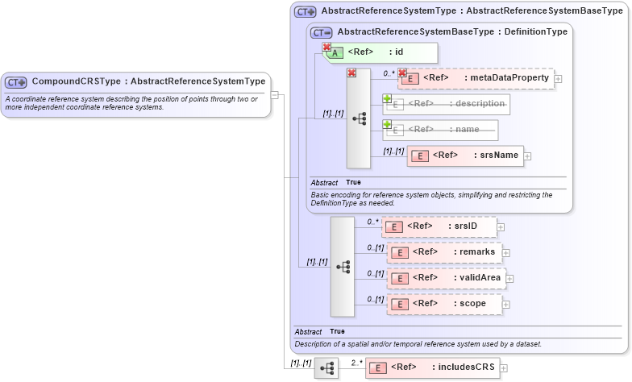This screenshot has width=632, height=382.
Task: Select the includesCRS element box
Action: click(x=432, y=367)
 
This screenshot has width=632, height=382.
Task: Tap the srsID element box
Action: click(x=439, y=226)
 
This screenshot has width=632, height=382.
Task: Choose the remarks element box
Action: click(x=443, y=252)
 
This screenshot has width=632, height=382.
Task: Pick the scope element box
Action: click(x=443, y=304)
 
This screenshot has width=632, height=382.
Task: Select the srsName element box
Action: click(x=465, y=156)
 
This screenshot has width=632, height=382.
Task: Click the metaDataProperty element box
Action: click(x=476, y=78)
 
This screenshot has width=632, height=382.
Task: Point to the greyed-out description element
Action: click(x=446, y=104)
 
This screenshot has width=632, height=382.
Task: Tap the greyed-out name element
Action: click(x=440, y=130)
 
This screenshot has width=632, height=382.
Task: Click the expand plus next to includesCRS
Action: click(x=504, y=368)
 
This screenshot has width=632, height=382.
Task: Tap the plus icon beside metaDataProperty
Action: click(x=558, y=79)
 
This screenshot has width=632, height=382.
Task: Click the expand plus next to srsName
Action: click(x=528, y=156)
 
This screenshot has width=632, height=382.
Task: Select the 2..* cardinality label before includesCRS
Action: click(x=356, y=363)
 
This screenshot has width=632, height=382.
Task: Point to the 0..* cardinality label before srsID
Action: click(x=372, y=222)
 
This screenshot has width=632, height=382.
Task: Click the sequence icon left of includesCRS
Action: click(x=326, y=368)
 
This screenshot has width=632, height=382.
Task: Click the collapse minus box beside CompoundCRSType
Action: click(x=274, y=94)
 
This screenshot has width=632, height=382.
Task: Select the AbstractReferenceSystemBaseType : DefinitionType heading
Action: click(x=451, y=31)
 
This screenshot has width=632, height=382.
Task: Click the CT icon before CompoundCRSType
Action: click(x=16, y=81)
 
